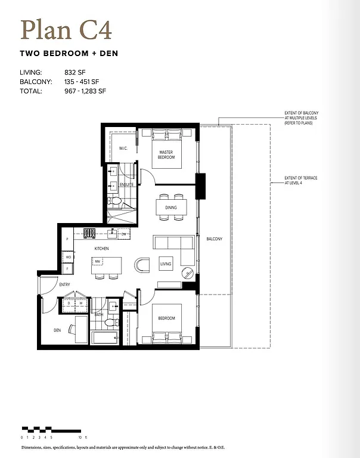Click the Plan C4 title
[x=66, y=29]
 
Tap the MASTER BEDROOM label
[x=166, y=154]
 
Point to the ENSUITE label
[x=126, y=184]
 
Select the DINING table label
[x=170, y=208]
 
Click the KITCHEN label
[x=101, y=247]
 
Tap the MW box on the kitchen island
[x=97, y=261]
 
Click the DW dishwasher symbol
[x=123, y=234]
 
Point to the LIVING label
[x=166, y=264]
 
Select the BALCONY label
[x=214, y=239]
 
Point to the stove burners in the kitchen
[x=89, y=233]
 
